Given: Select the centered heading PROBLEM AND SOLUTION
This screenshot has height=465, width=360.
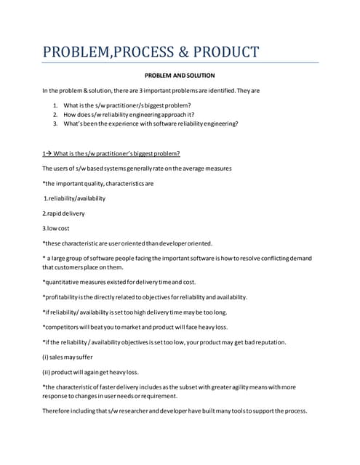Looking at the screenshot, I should [x=179, y=75].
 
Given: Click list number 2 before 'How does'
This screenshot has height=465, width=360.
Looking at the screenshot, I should [x=55, y=114].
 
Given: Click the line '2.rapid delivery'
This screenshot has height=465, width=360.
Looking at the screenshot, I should [x=63, y=213].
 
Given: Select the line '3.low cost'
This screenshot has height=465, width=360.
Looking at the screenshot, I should [x=57, y=228].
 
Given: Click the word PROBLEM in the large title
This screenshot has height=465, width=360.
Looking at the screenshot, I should [x=73, y=52].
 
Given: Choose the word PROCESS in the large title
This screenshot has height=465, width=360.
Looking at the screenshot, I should [x=137, y=52].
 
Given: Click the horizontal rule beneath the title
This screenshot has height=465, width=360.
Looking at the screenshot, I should [x=180, y=63].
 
